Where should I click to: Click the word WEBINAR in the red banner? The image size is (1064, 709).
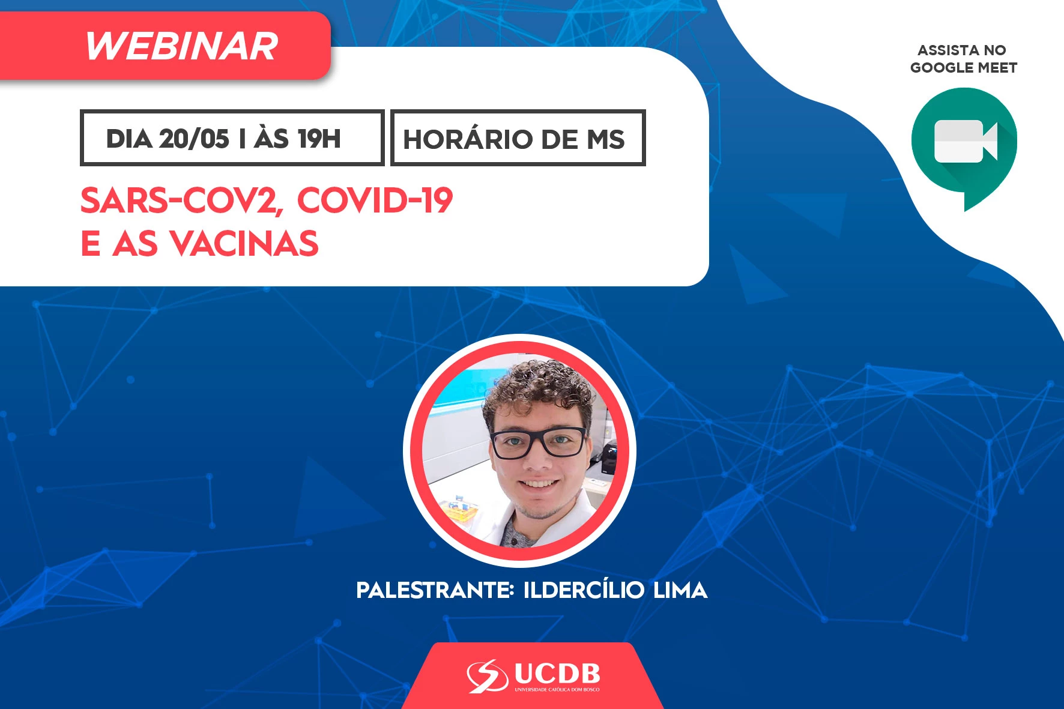pos(181,46)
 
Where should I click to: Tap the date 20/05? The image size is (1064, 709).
pos(194,139)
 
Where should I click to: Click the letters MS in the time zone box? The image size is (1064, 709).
pos(605,139)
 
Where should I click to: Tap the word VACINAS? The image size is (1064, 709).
pos(244,243)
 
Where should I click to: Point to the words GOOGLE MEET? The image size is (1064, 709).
pos(964,68)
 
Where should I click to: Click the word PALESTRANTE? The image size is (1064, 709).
pos(434,590)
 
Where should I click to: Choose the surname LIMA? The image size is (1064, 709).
pos(680,590)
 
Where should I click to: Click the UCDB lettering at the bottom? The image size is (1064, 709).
pos(557,674)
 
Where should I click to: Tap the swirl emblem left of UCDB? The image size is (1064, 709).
pos(488,676)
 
